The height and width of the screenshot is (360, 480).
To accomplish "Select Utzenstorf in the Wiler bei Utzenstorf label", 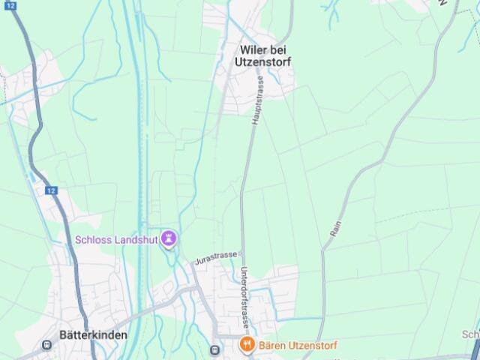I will (x=265, y=61).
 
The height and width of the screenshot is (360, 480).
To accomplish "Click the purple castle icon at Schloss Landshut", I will (x=169, y=239).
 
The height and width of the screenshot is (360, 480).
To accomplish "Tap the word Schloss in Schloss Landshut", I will (x=93, y=240).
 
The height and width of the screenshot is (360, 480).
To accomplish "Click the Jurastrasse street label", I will (x=216, y=258).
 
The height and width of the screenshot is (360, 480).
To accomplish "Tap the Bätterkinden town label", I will (x=94, y=335).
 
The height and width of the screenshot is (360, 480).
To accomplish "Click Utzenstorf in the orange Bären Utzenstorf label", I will (x=313, y=346).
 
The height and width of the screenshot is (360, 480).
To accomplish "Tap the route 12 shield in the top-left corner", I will (x=10, y=4).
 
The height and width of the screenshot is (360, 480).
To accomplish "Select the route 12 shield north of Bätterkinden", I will (x=50, y=190).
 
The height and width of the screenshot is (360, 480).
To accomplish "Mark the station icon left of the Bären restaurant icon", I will (x=216, y=349).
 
